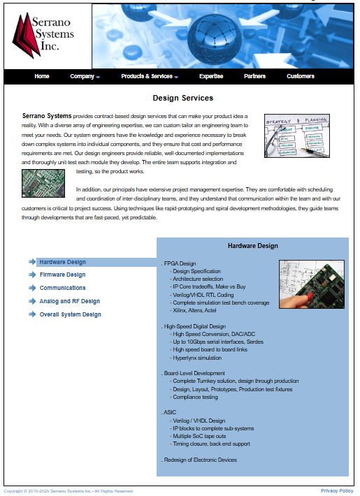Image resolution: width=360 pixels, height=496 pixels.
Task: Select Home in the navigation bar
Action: (x=42, y=76)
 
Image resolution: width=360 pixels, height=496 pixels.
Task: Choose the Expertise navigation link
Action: (x=211, y=76)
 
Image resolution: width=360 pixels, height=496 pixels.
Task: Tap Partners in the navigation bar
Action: (x=254, y=76)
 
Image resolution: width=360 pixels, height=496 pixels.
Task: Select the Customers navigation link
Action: (x=301, y=76)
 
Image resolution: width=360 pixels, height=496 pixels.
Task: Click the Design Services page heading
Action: (x=182, y=98)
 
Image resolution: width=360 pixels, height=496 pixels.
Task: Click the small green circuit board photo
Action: (x=43, y=183)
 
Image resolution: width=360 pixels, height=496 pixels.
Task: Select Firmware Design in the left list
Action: (x=62, y=275)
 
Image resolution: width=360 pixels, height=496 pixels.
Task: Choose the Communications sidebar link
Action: (x=62, y=288)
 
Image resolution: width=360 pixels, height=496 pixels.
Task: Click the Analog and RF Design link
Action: (x=69, y=301)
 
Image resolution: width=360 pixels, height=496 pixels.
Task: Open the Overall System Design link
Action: (x=70, y=314)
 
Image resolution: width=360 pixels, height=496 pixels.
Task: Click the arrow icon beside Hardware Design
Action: (x=32, y=262)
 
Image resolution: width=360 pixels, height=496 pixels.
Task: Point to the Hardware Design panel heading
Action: (x=252, y=246)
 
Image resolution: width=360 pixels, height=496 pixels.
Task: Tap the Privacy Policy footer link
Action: (x=337, y=491)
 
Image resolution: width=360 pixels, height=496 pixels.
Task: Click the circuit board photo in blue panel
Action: (x=311, y=284)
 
